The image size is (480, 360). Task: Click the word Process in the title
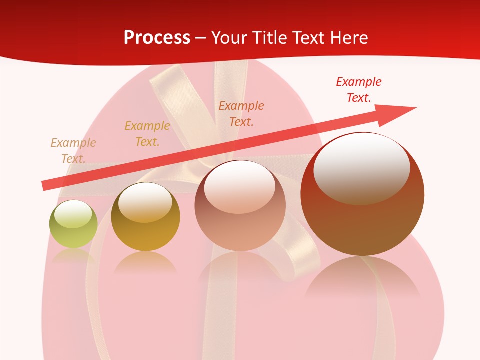tap(157, 38)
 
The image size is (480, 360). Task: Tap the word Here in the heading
tap(348, 38)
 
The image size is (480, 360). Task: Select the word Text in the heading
tap(308, 38)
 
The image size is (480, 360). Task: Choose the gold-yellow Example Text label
tap(147, 134)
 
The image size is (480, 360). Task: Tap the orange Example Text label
tap(241, 113)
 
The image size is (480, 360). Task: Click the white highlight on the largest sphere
tap(361, 167)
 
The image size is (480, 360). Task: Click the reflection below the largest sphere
tap(362, 280)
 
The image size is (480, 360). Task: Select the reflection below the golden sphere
tap(145, 262)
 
